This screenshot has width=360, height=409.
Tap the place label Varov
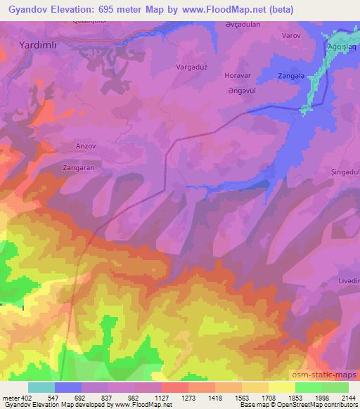[292, 34]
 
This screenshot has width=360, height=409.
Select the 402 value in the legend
[27, 397]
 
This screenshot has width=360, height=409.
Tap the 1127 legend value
[146, 397]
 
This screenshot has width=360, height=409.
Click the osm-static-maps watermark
[326, 376]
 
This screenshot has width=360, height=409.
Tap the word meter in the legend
[11, 397]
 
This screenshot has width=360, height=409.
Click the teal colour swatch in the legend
[41, 387]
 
